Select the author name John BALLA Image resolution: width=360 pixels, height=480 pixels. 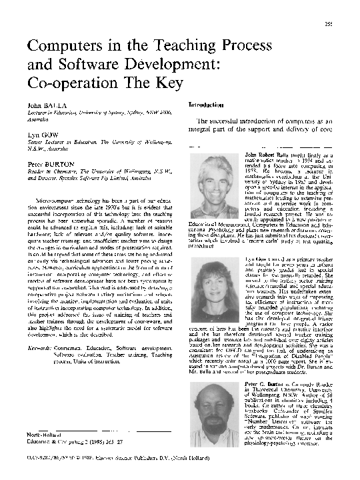click(x=45, y=105)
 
